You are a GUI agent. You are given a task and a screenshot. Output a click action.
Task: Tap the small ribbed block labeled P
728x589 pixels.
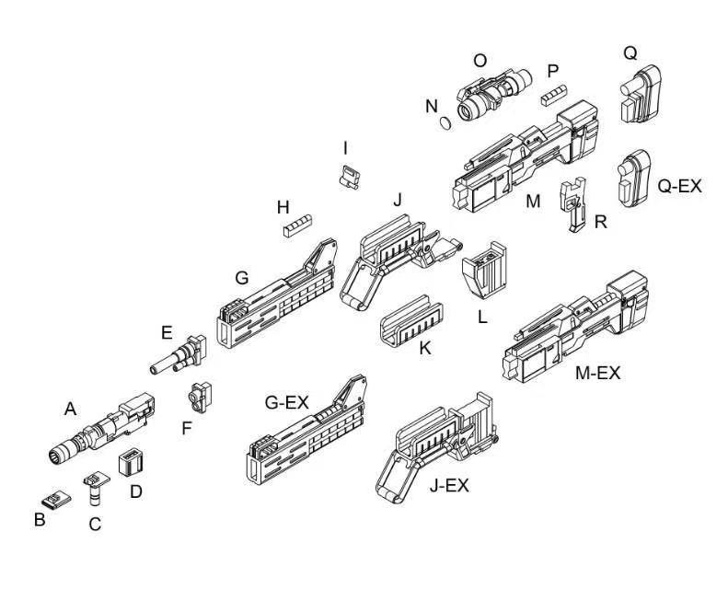pyautogui.click(x=552, y=95)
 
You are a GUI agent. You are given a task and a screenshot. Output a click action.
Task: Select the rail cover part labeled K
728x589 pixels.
pyautogui.click(x=410, y=320)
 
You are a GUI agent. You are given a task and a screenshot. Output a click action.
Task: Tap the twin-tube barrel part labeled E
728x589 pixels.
pyautogui.click(x=179, y=354)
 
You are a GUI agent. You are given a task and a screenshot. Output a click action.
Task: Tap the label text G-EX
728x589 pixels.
pyautogui.click(x=286, y=402)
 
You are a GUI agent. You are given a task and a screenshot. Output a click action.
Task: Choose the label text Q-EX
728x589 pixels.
pyautogui.click(x=679, y=186)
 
